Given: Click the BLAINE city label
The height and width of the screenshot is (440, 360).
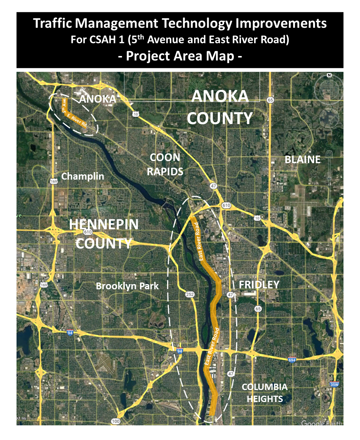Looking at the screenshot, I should pyautogui.click(x=303, y=159).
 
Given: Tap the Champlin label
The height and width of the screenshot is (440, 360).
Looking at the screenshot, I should pyautogui.click(x=83, y=176).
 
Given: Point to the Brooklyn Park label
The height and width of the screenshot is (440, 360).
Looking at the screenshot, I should pyautogui.click(x=127, y=286).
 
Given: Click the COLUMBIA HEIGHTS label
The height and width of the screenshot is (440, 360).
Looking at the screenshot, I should pyautogui.click(x=265, y=393).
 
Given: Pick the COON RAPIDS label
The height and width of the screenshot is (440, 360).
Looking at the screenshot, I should pyautogui.click(x=165, y=165).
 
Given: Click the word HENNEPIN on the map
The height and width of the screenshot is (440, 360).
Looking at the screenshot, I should pyautogui.click(x=104, y=224).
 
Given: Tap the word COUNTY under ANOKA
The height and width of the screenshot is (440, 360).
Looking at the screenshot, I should pyautogui.click(x=220, y=118).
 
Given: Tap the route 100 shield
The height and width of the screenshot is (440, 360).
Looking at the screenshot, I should pyautogui.click(x=116, y=421).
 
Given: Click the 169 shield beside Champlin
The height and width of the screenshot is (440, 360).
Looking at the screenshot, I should pyautogui.click(x=54, y=181).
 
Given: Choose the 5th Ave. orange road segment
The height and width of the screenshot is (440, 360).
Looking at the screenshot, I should pyautogui.click(x=64, y=105).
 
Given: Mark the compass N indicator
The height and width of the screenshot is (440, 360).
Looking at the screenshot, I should pyautogui.click(x=329, y=75).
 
